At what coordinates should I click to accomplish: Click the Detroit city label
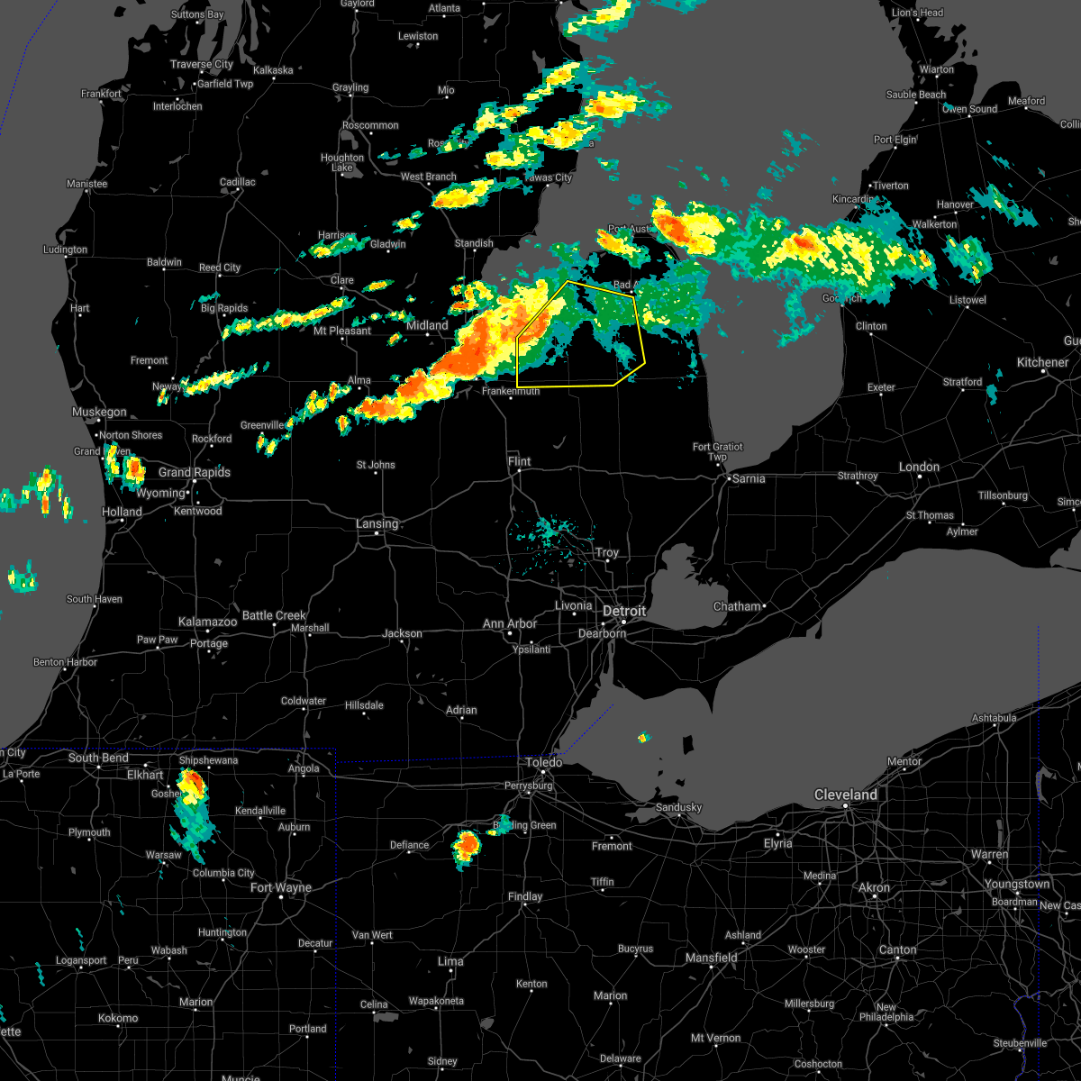click(624, 611)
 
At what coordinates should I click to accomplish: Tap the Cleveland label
click(846, 795)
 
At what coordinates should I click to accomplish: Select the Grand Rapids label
click(195, 472)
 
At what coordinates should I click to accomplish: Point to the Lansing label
click(377, 523)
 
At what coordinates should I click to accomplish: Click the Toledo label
click(544, 762)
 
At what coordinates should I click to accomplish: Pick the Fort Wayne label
click(281, 887)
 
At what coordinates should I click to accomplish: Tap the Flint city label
click(520, 461)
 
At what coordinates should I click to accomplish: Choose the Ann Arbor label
click(510, 623)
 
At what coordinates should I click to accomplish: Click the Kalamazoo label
click(207, 622)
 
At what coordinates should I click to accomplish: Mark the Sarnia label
click(749, 478)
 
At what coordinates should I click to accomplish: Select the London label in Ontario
click(919, 467)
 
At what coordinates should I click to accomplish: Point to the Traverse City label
click(202, 64)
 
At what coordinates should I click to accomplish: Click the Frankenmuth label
click(511, 391)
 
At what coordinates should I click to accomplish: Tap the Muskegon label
click(99, 412)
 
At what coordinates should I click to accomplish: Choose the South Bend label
click(98, 758)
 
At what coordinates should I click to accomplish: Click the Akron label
click(874, 887)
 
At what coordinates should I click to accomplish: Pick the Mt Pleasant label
click(342, 331)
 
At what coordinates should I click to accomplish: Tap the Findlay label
click(525, 896)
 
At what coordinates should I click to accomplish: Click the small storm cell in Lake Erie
click(643, 738)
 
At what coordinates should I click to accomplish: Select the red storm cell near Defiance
click(467, 845)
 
